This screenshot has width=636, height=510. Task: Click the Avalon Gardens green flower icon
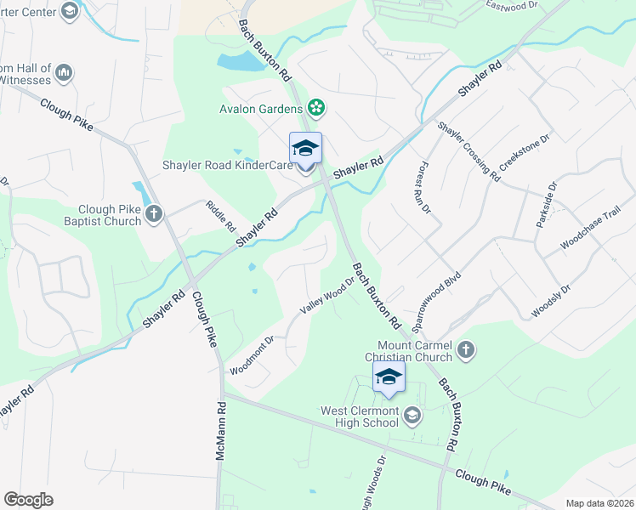(316, 108)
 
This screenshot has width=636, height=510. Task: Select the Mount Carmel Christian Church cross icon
(465, 348)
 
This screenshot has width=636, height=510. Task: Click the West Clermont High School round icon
(412, 416)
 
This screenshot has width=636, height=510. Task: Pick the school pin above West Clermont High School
(389, 378)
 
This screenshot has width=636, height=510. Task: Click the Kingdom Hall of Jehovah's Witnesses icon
(64, 74)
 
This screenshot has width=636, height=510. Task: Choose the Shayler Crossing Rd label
(468, 150)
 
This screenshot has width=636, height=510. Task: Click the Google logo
(29, 500)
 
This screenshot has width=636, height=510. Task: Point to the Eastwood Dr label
(513, 4)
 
